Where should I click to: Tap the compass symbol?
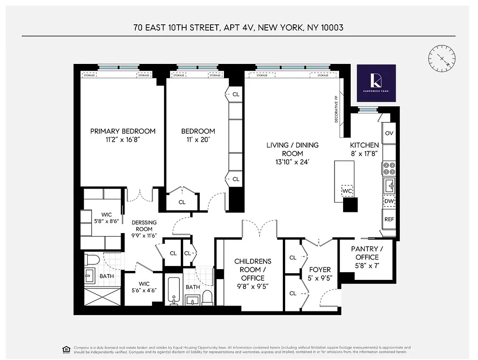coord(439,58)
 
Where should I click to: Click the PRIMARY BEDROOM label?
coord(123,131)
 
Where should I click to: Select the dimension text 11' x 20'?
coord(198,139)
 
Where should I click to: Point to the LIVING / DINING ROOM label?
coord(292,149)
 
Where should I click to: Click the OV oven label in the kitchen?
coord(389,133)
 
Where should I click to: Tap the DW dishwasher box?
coord(389,202)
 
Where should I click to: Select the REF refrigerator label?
coord(389,219)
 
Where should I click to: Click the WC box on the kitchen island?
coord(347,191)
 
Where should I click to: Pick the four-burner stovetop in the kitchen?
coord(389,168)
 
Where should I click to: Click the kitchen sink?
coord(389,184)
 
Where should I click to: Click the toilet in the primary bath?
coord(94,261)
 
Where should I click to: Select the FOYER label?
coord(320,270)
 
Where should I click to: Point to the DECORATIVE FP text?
coord(336,110)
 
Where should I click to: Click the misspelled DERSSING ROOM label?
coord(144,225)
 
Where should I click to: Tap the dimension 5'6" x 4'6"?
coord(144,291)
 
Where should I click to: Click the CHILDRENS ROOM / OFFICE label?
coord(253,270)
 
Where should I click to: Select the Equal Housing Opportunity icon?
coord(66,349)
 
